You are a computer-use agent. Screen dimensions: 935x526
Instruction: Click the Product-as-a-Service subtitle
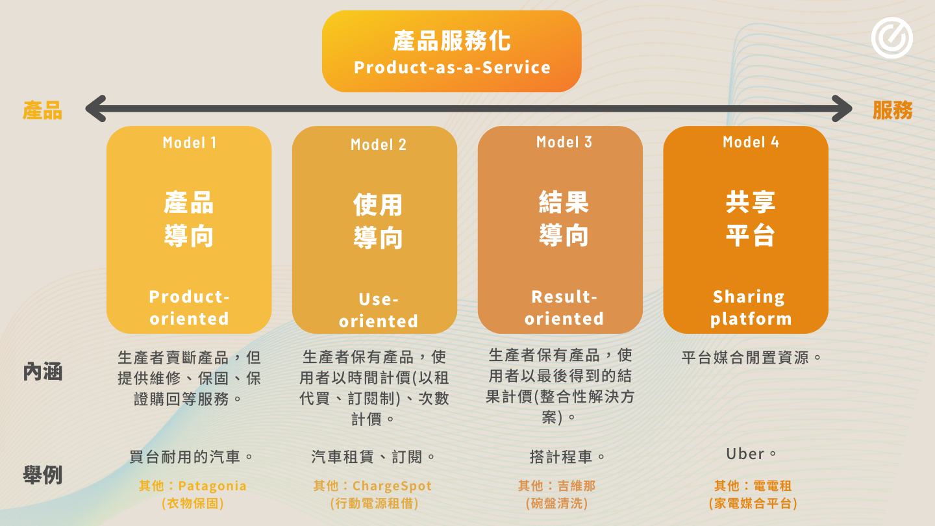pos(452,68)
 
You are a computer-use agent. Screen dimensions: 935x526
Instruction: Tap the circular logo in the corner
pos(892,38)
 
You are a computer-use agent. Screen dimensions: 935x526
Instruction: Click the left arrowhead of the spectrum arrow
pos(96,108)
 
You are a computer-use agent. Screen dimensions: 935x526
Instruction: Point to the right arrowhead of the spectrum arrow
pos(841,108)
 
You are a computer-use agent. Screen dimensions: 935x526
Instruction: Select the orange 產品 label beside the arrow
pos(43,110)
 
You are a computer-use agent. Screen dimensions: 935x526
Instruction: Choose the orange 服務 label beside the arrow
pos(892,110)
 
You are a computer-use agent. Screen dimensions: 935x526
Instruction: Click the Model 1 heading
pos(190,143)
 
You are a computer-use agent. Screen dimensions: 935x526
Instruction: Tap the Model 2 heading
pos(378,144)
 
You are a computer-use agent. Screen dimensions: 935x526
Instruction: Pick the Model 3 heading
pos(564,142)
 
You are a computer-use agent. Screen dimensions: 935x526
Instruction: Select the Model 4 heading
pos(751,142)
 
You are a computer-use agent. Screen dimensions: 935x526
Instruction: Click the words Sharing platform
pos(751,308)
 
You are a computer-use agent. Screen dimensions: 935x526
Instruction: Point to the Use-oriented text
pos(378,310)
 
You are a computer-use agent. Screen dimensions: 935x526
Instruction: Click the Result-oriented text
pos(564,308)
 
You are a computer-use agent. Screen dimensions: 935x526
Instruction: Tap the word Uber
pos(745,454)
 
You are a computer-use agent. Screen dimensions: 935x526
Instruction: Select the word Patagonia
pos(212,486)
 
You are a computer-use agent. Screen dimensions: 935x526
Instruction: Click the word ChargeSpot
pos(392,486)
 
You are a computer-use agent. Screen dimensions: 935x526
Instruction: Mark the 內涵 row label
pos(43,371)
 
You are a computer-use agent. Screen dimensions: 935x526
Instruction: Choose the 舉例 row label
pos(43,475)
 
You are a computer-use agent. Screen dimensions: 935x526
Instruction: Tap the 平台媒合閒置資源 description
pos(751,358)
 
